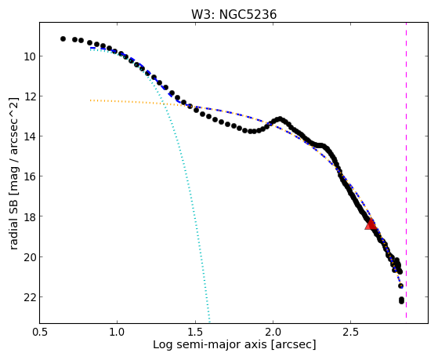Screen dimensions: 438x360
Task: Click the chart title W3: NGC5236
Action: (x=233, y=15)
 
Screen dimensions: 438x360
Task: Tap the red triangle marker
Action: (x=371, y=224)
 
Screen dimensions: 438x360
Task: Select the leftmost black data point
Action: (x=63, y=38)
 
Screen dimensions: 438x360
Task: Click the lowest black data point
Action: (x=401, y=300)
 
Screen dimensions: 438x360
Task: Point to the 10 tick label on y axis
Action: (x=30, y=56)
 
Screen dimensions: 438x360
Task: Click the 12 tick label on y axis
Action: (x=30, y=96)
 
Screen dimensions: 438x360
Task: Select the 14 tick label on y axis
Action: (x=30, y=136)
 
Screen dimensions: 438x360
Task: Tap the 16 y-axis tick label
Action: (x=30, y=176)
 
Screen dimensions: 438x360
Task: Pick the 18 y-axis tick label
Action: (x=30, y=216)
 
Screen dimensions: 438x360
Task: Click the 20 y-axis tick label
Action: (x=30, y=256)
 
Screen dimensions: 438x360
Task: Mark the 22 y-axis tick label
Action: (x=30, y=297)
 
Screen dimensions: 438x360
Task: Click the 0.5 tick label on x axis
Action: (x=39, y=332)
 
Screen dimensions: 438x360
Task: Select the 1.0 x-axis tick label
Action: (x=117, y=332)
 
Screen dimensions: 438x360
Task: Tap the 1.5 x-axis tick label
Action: (x=195, y=332)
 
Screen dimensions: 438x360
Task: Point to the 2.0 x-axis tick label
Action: (x=273, y=332)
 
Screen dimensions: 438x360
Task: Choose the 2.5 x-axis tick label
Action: (x=350, y=332)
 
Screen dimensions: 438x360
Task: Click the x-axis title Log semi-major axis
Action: (x=209, y=344)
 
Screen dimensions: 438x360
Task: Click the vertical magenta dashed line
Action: (x=406, y=170)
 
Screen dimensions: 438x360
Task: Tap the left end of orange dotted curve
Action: (x=91, y=100)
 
